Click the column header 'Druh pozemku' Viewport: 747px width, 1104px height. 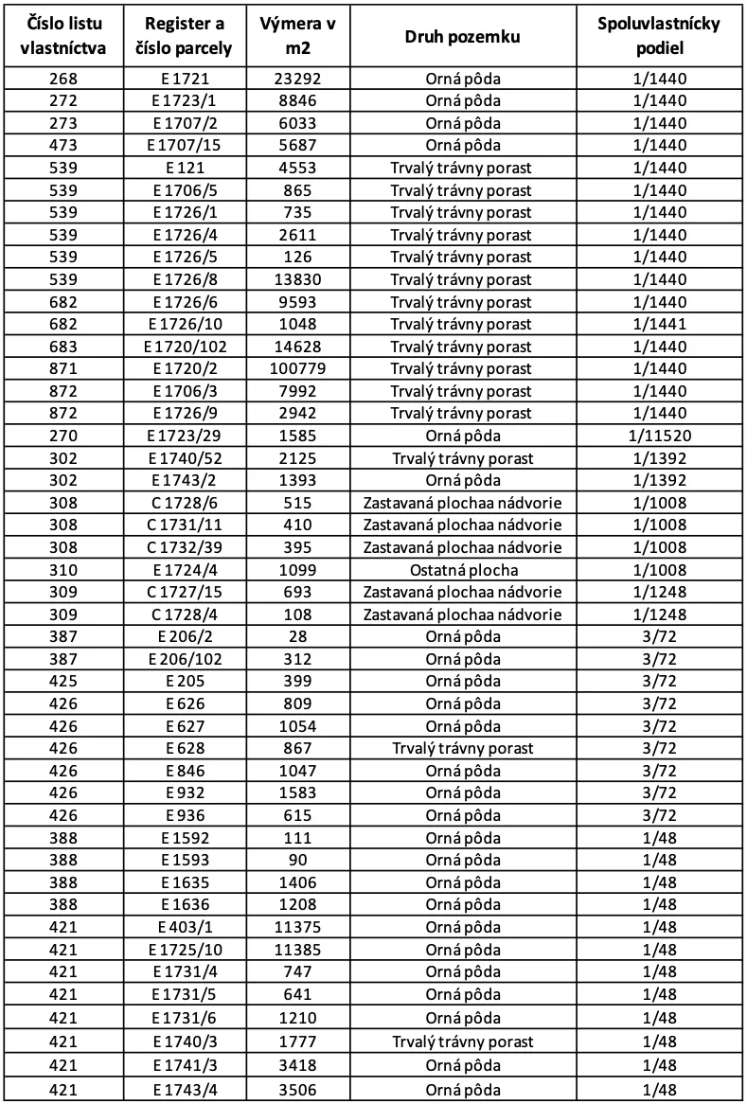[462, 36]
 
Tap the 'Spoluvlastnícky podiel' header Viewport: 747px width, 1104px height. [658, 36]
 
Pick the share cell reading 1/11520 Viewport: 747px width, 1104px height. [658, 436]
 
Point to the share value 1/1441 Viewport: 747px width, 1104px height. [658, 325]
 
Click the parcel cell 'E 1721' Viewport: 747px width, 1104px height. [186, 80]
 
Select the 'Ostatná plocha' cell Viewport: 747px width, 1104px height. [462, 570]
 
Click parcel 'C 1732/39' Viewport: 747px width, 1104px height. [186, 547]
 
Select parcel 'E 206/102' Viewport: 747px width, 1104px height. [186, 659]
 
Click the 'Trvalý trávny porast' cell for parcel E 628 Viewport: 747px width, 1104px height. [462, 748]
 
